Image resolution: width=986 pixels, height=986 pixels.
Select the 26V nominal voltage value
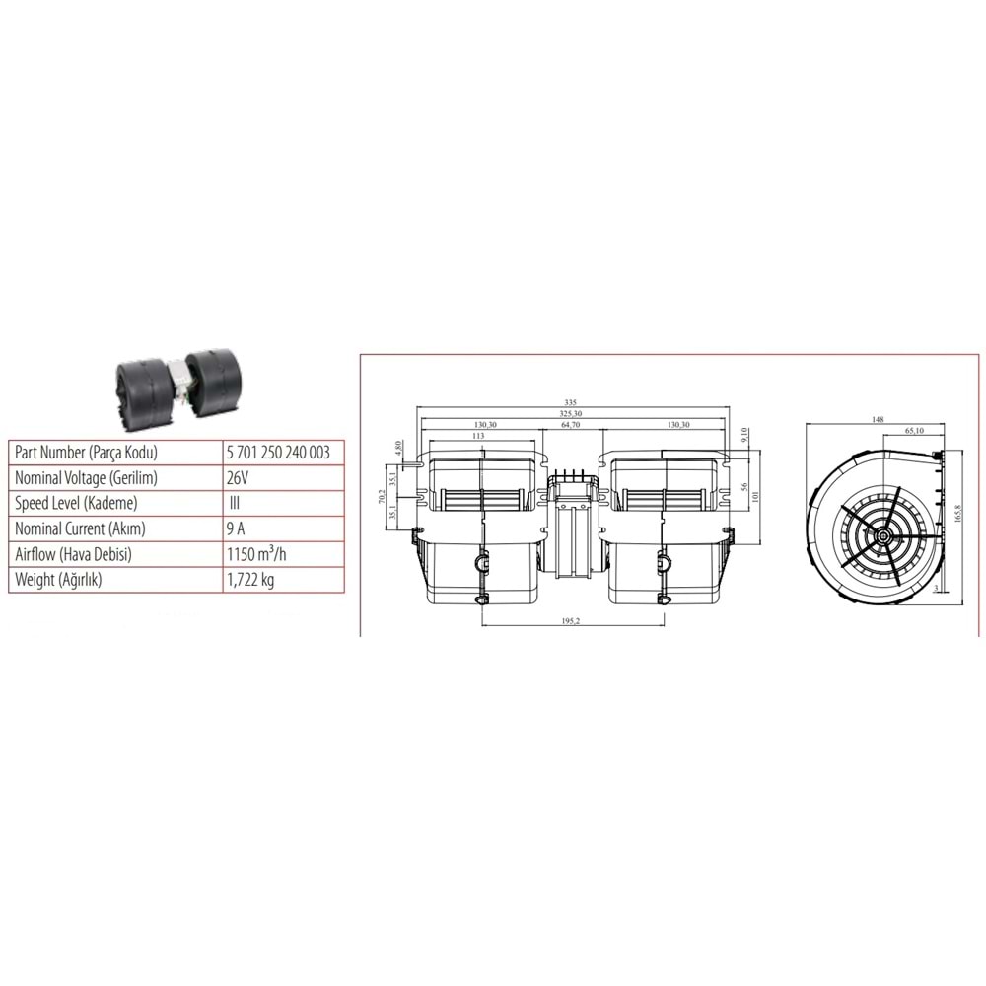238,477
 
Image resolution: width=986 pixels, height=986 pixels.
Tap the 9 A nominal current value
236,528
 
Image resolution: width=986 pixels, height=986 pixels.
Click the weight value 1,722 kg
249,580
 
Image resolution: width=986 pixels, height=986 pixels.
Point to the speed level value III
235,503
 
